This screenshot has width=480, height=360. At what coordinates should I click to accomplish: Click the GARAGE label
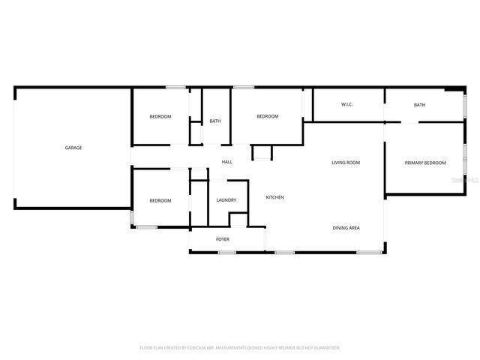click(73, 148)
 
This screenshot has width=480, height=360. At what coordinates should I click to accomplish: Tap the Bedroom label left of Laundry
click(160, 200)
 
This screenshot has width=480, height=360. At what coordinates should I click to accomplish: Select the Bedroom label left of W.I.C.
click(268, 116)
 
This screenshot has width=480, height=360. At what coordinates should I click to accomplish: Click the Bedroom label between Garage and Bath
click(160, 116)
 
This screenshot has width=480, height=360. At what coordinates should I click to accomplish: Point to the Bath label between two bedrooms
click(215, 121)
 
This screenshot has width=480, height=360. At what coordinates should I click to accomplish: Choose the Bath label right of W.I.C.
click(419, 105)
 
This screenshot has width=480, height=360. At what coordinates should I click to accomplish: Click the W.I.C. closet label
click(346, 104)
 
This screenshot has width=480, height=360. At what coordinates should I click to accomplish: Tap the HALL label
click(226, 162)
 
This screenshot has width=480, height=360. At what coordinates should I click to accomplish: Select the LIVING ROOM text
click(346, 163)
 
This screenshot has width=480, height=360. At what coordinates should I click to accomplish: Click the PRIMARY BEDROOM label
click(425, 163)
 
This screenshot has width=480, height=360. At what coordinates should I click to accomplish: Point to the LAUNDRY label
click(226, 200)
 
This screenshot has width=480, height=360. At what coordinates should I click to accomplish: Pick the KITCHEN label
click(274, 197)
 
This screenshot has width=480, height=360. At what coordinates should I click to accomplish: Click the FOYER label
click(223, 239)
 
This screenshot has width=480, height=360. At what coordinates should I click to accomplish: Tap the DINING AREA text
click(346, 227)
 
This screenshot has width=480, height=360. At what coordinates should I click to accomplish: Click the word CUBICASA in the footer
click(196, 348)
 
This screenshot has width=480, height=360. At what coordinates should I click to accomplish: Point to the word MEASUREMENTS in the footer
click(234, 348)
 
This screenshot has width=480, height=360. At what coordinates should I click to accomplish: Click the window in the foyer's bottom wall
click(227, 252)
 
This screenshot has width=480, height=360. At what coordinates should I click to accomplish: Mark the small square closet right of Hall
click(262, 153)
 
